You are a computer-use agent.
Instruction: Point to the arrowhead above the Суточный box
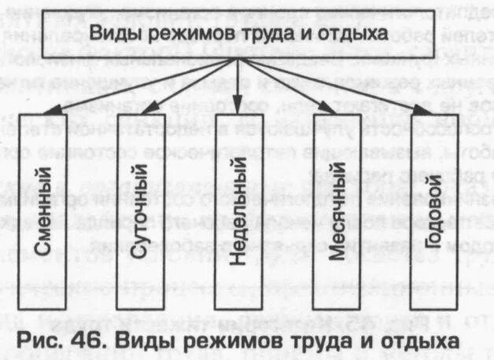click(x=142, y=112)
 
